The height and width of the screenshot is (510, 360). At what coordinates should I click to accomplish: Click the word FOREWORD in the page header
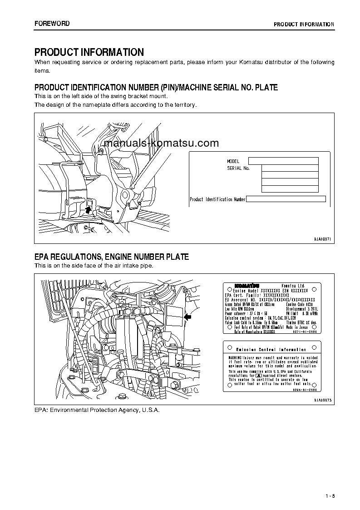tap(52, 24)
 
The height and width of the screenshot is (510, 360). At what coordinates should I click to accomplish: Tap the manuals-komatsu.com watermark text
tap(161, 144)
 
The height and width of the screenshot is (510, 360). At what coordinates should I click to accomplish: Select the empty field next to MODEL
tap(283, 161)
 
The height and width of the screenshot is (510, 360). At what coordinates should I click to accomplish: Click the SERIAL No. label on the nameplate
tap(238, 168)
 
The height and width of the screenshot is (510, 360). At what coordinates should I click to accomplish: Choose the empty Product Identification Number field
tap(286, 199)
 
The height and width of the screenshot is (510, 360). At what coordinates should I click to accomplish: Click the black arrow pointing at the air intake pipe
tap(188, 317)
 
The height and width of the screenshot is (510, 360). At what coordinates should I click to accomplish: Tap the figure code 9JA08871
tap(323, 239)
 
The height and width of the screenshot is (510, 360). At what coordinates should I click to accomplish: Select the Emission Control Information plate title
tap(271, 349)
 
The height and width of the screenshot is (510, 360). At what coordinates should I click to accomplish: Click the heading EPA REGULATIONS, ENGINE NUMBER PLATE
tap(112, 257)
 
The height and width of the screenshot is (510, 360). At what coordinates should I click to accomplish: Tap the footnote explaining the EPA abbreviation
tap(97, 410)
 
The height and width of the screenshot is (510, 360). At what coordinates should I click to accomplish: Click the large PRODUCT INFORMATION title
tap(89, 52)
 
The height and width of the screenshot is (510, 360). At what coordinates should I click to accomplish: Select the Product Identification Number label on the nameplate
tap(217, 199)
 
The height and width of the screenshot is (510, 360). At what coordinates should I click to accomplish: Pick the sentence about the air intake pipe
tap(94, 266)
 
